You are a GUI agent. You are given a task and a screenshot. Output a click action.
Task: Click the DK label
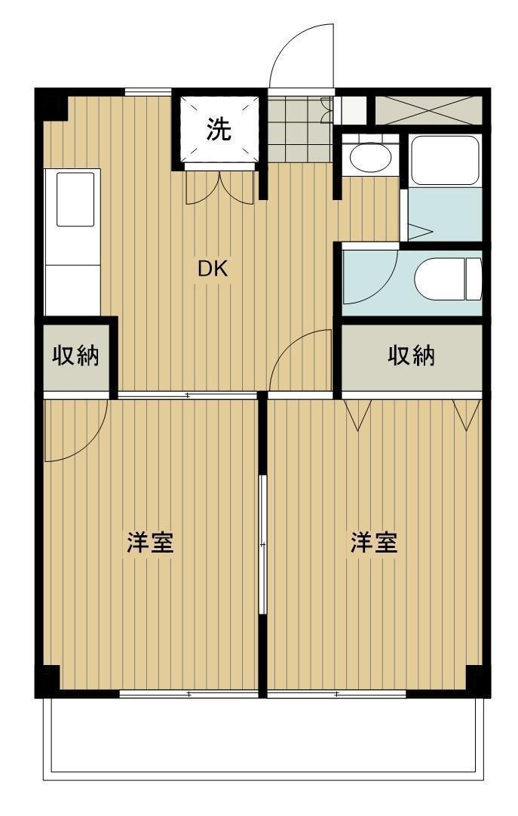click(x=213, y=268)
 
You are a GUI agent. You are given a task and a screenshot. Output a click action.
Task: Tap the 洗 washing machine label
click(x=219, y=130)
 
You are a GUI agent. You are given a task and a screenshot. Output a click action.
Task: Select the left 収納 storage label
click(x=75, y=356)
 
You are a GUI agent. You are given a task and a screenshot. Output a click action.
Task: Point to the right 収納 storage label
click(x=411, y=356)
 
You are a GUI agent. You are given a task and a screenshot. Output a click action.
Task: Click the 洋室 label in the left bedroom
click(x=150, y=543)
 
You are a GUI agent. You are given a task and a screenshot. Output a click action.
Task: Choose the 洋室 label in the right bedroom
click(x=374, y=543)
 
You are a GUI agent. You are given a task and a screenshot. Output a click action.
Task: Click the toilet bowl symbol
click(x=446, y=279)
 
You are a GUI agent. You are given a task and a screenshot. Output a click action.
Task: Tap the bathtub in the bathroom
click(x=445, y=161)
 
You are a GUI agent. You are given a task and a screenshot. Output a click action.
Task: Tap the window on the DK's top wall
click(x=147, y=93)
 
